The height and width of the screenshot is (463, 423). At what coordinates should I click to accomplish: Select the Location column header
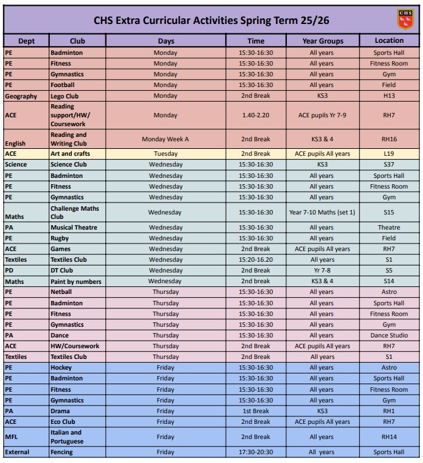[x=389, y=41]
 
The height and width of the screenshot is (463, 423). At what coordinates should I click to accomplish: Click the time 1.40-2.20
[x=256, y=116]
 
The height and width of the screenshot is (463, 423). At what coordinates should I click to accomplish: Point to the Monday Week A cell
[x=165, y=139]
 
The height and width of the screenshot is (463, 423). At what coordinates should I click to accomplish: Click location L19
[x=389, y=154]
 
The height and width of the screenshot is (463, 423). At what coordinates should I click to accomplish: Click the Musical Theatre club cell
[x=74, y=228]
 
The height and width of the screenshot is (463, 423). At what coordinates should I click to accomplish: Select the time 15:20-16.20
[x=256, y=260]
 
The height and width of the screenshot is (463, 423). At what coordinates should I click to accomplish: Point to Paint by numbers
[x=76, y=281]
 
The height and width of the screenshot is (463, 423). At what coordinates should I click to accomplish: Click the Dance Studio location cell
[x=389, y=336]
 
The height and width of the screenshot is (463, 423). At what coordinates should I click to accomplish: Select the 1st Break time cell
[x=256, y=411]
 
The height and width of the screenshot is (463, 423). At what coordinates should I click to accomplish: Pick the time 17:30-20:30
[x=256, y=452]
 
